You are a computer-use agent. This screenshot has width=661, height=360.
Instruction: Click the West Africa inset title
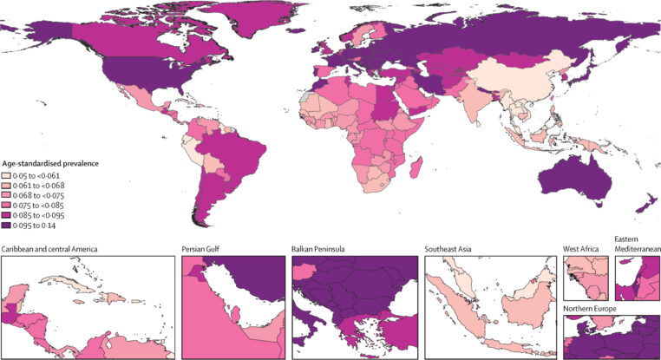pyautogui.click(x=584, y=250)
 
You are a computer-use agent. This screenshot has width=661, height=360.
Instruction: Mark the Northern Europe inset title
pyautogui.click(x=593, y=309)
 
